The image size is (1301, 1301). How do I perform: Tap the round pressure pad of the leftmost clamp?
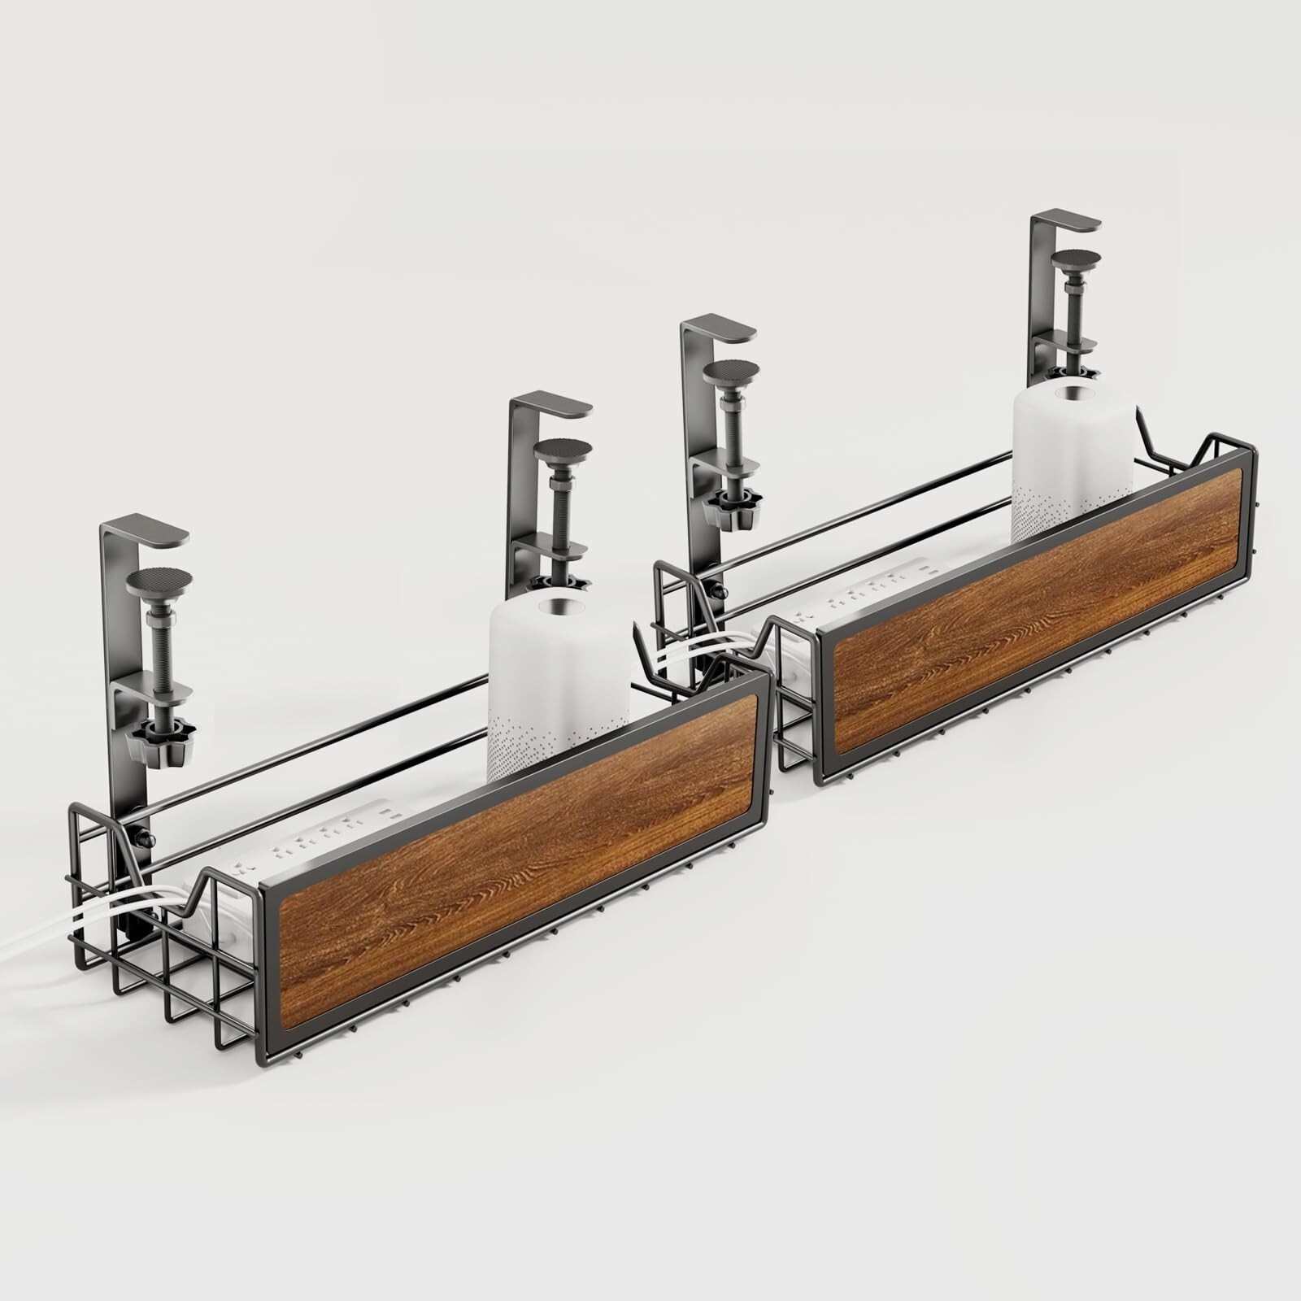[160, 584]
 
